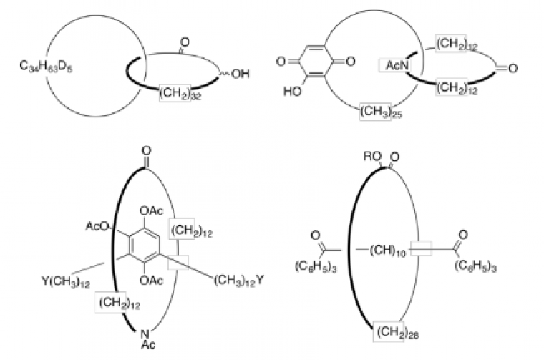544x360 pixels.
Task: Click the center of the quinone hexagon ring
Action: tap(316, 62)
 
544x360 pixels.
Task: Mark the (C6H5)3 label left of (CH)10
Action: tap(315, 266)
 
